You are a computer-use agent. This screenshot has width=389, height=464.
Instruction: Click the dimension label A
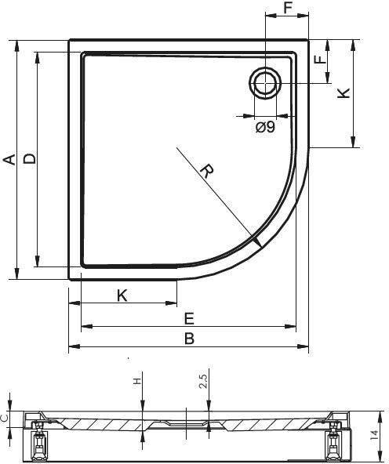click(x=9, y=159)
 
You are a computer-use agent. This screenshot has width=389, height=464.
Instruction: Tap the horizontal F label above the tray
click(x=288, y=8)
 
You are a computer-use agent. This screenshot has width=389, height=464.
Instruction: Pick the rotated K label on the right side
click(x=344, y=93)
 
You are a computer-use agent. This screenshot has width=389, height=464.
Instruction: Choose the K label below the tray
click(x=122, y=295)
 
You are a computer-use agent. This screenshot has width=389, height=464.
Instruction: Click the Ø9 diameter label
click(x=265, y=127)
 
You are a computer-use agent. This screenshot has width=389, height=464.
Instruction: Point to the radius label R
click(x=207, y=171)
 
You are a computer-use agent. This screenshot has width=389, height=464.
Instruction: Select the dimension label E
click(x=189, y=319)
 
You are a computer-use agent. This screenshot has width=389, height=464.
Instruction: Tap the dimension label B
click(x=189, y=339)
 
